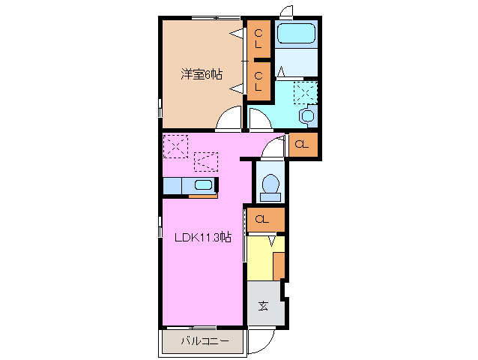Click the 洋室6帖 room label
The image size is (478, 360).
[x=201, y=74]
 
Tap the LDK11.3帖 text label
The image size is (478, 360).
[x=203, y=238]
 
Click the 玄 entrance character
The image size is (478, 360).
[x=264, y=305]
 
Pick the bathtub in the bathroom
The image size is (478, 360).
[x=296, y=34]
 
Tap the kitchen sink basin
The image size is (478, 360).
[x=203, y=185]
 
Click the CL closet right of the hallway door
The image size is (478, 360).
[x=302, y=145]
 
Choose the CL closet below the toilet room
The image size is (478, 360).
[x=263, y=220]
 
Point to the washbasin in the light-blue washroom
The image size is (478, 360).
[x=306, y=116]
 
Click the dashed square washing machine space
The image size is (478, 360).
[x=305, y=94]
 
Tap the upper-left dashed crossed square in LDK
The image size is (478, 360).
[x=175, y=145]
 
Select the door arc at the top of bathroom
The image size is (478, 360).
[x=285, y=11]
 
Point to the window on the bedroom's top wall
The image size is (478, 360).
[x=215, y=17]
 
